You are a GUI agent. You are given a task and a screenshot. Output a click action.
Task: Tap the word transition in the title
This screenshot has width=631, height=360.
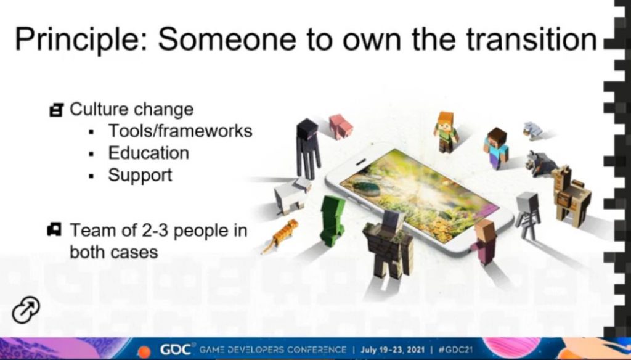(x=531, y=39)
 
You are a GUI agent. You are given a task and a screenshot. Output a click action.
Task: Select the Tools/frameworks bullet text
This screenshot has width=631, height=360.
(x=180, y=131)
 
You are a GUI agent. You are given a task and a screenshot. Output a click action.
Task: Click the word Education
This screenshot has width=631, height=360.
(x=149, y=153)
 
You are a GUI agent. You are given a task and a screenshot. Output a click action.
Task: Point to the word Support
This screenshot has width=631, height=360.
(x=140, y=176)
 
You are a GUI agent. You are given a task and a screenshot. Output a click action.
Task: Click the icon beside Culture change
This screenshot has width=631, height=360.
(x=56, y=110)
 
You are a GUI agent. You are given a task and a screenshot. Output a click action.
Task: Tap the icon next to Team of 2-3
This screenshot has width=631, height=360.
(x=54, y=229)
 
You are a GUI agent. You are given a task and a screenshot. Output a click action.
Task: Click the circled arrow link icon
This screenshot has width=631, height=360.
(x=26, y=310)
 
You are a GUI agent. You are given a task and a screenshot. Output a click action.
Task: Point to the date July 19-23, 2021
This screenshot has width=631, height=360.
(x=393, y=350)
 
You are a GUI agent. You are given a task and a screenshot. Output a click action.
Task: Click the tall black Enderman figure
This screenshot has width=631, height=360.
(x=308, y=148)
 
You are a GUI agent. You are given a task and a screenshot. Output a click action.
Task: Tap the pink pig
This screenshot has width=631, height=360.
(x=340, y=126)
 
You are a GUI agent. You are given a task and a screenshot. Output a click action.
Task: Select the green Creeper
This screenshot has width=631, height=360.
(x=332, y=221)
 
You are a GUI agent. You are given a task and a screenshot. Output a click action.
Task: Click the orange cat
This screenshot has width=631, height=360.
(x=280, y=235)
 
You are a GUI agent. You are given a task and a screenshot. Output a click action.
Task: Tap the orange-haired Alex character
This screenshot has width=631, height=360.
(x=446, y=132)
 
